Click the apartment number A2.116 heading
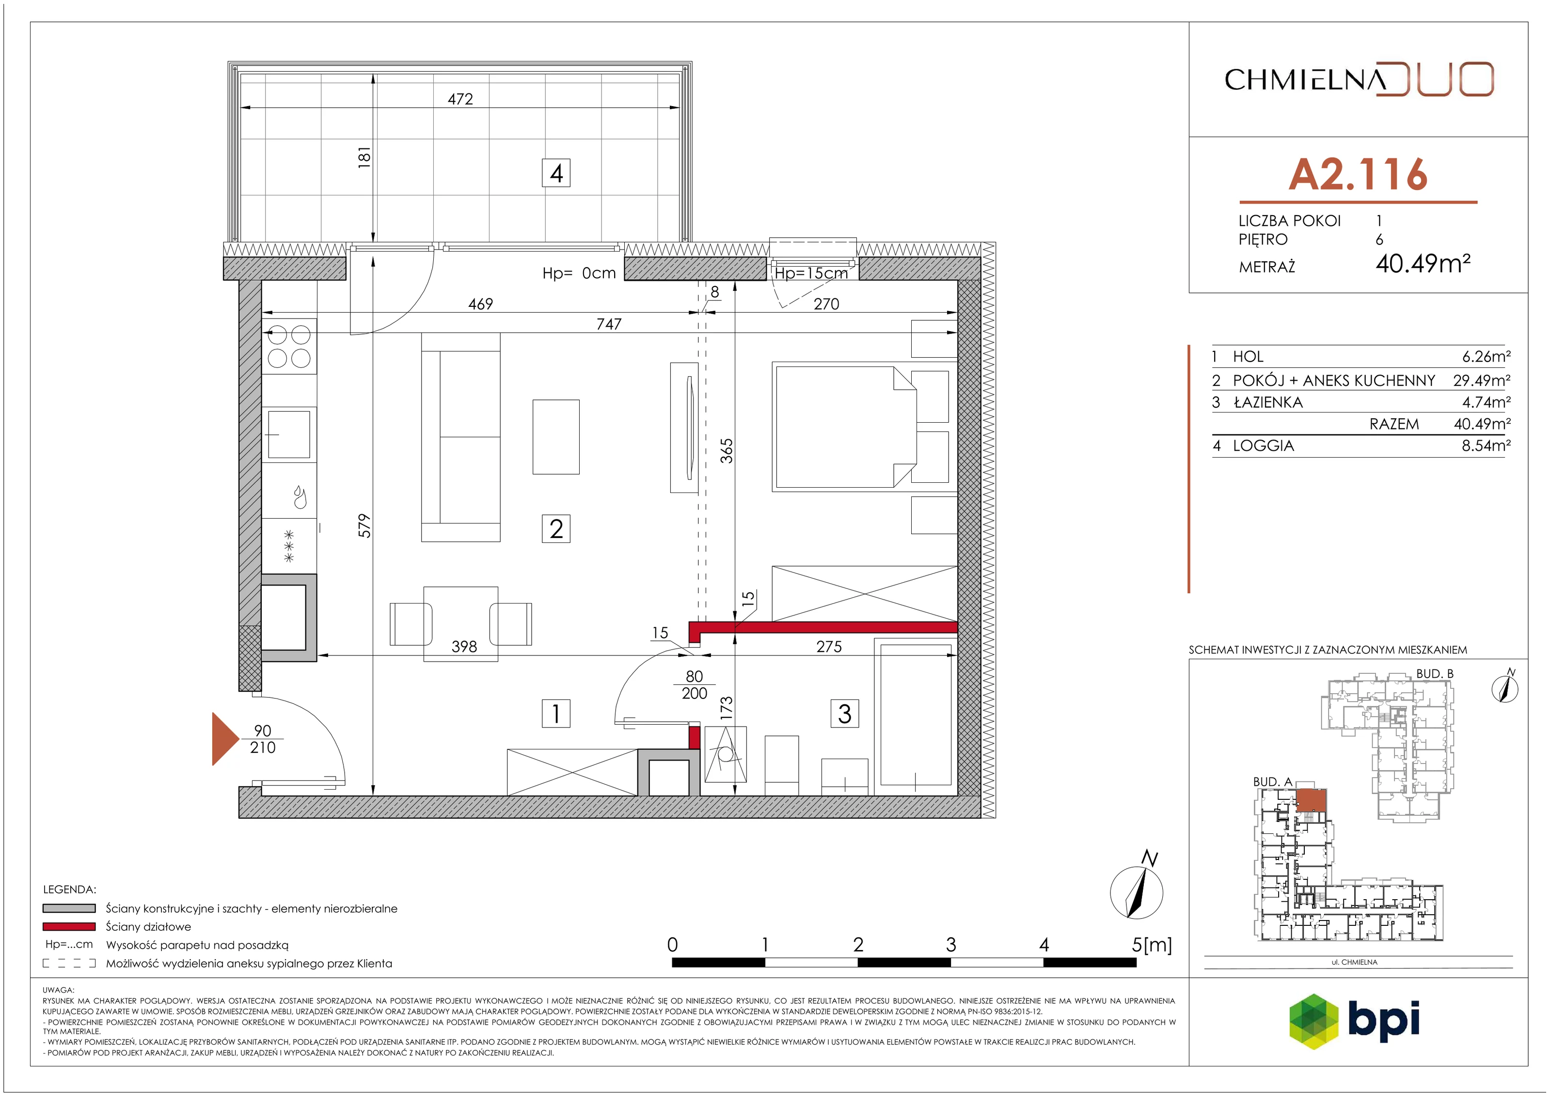coord(1358,175)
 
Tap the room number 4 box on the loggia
coord(556,173)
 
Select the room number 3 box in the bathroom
coord(844,714)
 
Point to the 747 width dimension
coord(609,324)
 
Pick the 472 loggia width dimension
coord(460,99)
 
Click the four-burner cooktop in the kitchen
coord(289,346)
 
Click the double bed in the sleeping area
coord(844,427)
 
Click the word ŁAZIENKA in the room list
coord(1268,403)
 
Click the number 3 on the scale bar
coord(950,945)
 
